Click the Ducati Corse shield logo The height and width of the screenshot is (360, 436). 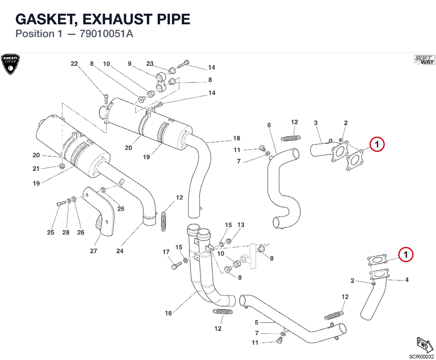click(10, 64)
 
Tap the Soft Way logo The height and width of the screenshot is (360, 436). click(424, 60)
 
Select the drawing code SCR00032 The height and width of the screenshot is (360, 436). click(421, 356)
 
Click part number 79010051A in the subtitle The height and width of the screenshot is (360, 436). click(106, 34)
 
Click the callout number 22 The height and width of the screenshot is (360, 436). click(74, 64)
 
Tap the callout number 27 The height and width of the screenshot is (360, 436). click(93, 251)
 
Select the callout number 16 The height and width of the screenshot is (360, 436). click(168, 313)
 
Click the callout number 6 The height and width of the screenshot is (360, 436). click(269, 125)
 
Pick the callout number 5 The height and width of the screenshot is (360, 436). click(257, 323)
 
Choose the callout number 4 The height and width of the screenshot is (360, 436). click(407, 280)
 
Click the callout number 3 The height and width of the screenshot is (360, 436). click(316, 123)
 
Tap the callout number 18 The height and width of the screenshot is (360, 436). click(237, 138)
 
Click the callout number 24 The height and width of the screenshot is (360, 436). click(120, 251)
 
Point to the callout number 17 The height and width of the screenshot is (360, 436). click(166, 252)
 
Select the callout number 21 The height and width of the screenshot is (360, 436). click(36, 169)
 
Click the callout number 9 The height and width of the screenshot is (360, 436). click(129, 64)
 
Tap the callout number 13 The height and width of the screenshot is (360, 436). click(241, 225)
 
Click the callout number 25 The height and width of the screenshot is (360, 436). click(51, 232)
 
